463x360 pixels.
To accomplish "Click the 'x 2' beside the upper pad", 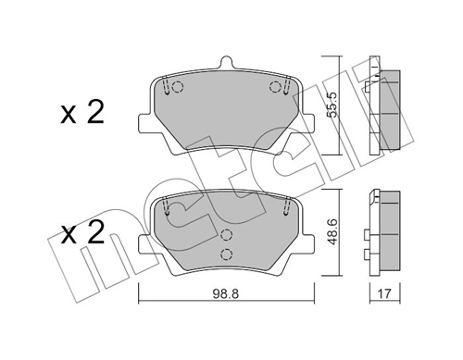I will (81, 115).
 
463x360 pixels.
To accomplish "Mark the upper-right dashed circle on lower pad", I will (275, 209).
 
